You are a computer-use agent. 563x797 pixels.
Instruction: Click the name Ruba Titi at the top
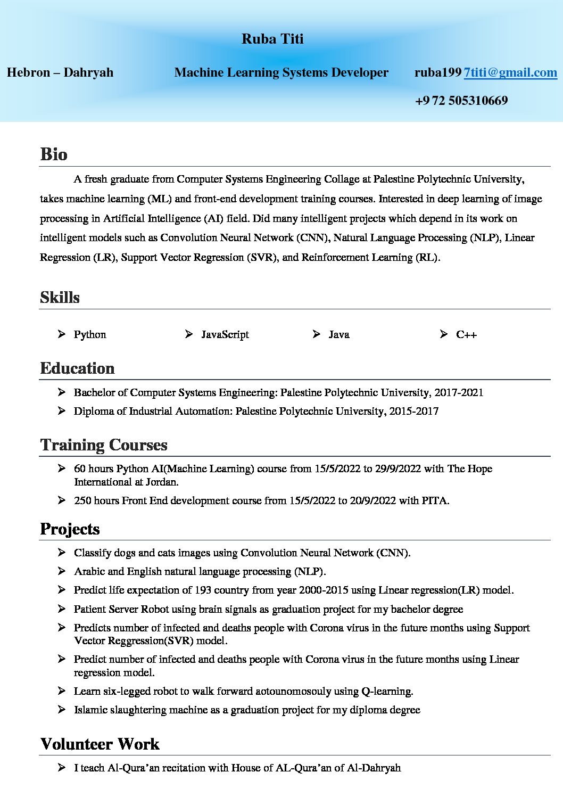click(x=272, y=39)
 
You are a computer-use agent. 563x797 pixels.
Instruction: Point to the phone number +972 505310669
click(x=461, y=101)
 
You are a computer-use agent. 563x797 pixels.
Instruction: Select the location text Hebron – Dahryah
click(x=60, y=72)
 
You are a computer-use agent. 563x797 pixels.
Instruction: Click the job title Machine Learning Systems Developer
click(x=281, y=72)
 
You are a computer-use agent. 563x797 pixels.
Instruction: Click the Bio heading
click(x=54, y=154)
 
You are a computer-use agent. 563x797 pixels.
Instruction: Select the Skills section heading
click(x=60, y=297)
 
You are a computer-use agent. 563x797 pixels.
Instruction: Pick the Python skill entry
click(x=90, y=334)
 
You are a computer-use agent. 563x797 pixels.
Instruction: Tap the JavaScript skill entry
click(x=225, y=334)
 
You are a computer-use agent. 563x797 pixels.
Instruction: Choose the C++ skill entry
click(x=466, y=334)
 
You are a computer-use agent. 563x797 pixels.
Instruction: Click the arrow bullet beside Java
click(x=317, y=334)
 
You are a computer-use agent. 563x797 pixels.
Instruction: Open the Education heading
click(x=77, y=368)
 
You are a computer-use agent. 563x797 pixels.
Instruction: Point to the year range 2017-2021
click(x=459, y=392)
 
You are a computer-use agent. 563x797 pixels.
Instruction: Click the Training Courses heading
click(x=104, y=445)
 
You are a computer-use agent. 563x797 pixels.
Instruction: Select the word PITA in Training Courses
click(x=435, y=500)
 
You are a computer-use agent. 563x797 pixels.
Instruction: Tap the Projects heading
click(x=70, y=529)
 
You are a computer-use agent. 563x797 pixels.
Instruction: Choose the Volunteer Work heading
click(x=100, y=744)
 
